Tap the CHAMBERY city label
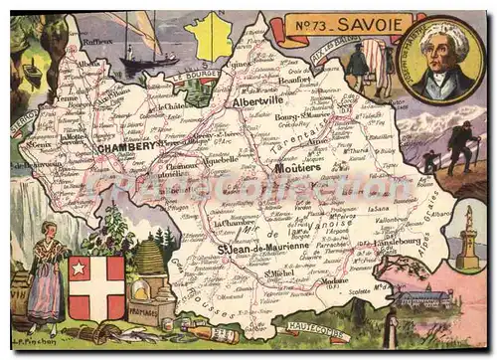tap(126, 145)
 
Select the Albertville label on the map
tap(257, 101)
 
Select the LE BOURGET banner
tap(191, 76)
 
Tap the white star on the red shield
tap(79, 269)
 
